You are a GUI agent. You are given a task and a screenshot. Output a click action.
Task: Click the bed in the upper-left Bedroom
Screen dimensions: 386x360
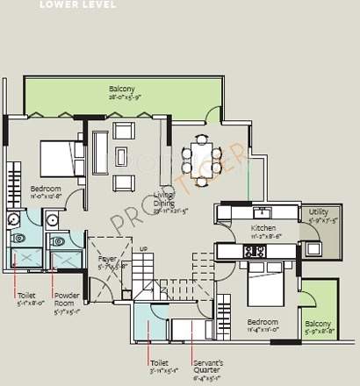pyautogui.click(x=59, y=159)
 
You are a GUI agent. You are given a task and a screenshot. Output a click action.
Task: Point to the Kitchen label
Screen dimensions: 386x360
pyautogui.click(x=239, y=228)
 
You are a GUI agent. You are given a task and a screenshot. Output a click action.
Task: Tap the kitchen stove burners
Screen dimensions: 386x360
pyautogui.click(x=256, y=252)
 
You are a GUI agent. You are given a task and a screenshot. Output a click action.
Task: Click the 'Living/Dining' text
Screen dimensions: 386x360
pyautogui.click(x=163, y=197)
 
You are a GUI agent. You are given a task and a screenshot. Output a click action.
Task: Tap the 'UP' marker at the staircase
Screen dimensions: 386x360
pyautogui.click(x=142, y=250)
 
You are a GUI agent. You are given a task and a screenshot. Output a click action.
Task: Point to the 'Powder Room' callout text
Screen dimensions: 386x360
pyautogui.click(x=68, y=299)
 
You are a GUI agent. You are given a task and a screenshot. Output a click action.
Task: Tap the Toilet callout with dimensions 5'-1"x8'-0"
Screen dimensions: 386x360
pyautogui.click(x=28, y=299)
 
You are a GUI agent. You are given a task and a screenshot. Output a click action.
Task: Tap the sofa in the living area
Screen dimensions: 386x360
pyautogui.click(x=100, y=144)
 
